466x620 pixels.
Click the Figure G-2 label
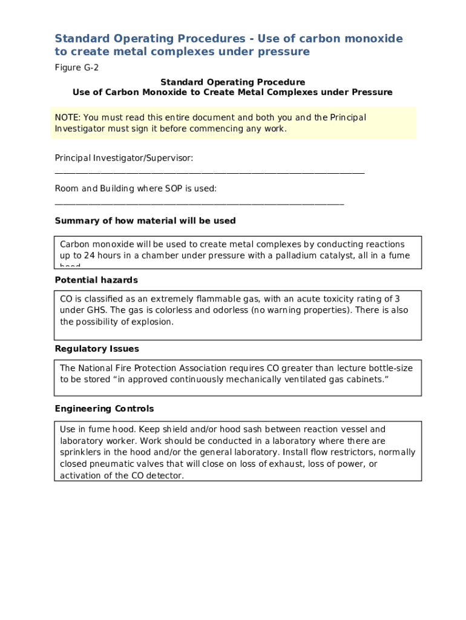tap(76, 68)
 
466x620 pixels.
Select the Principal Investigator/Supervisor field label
tap(124, 158)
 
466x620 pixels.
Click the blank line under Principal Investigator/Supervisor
tap(209, 173)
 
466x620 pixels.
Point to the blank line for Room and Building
tap(199, 204)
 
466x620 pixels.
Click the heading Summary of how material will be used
tap(145, 221)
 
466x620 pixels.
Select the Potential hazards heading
tap(96, 280)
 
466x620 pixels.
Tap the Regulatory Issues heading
tap(97, 349)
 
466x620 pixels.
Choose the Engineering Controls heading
tap(104, 409)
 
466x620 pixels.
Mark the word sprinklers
tap(82, 452)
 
